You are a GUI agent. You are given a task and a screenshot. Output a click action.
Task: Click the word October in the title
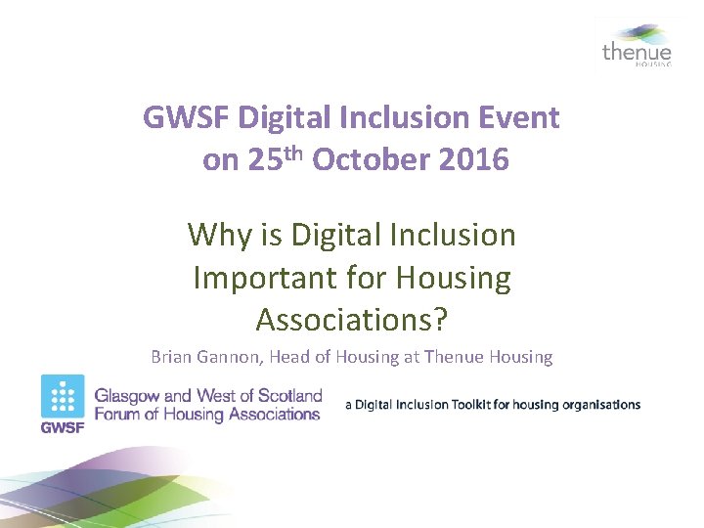tap(373, 160)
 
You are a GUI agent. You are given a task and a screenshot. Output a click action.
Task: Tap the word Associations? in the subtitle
tap(351, 320)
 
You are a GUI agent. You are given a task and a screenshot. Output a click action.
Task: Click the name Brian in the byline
tap(172, 357)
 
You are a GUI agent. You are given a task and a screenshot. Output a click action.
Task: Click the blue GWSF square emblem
tap(63, 397)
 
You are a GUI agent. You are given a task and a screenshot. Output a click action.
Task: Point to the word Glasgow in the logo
tap(128, 396)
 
